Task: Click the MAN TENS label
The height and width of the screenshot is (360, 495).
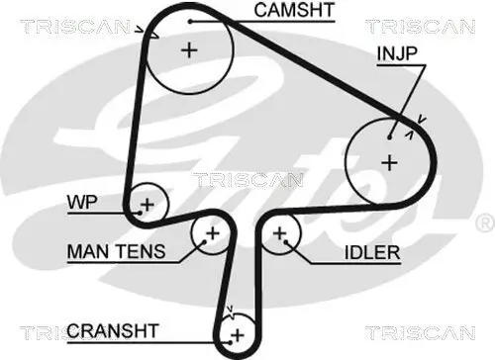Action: [x=110, y=251]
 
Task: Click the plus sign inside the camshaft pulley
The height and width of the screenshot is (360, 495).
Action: [x=189, y=49]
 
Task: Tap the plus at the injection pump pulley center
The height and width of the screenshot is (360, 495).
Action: [x=389, y=160]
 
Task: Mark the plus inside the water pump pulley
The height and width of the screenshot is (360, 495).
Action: [x=147, y=205]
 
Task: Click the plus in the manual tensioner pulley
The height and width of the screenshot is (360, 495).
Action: [x=211, y=233]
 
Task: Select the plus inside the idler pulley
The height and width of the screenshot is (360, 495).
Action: [x=281, y=233]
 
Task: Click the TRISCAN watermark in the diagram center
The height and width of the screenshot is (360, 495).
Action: [x=235, y=180]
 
